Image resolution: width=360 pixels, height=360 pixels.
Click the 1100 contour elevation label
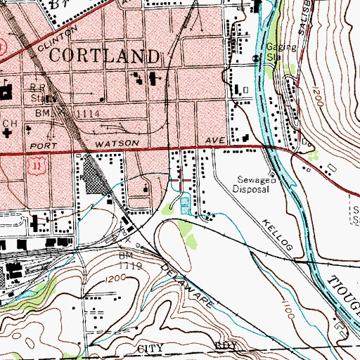coord(288,316)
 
